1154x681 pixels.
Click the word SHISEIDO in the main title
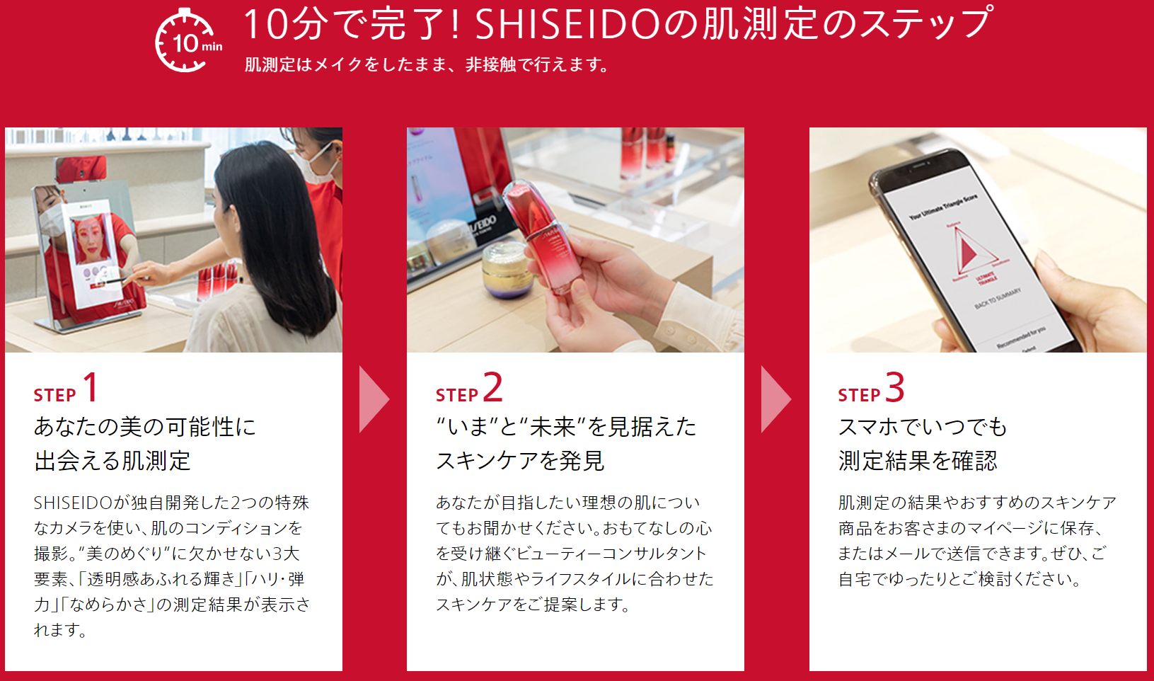coord(567,24)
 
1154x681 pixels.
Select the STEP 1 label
coord(65,388)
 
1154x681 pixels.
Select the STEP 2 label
coord(469,388)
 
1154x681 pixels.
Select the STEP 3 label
coord(871,388)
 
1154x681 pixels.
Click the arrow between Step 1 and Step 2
coord(374,399)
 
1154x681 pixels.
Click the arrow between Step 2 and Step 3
coord(776,399)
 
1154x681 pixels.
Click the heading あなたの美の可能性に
coord(145,427)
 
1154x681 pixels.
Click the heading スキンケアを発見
coord(520,460)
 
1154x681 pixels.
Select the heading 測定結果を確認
coord(918,460)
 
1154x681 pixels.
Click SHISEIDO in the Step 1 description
coord(73,503)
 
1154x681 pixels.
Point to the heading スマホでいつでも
coord(922,427)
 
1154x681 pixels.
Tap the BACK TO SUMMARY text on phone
coord(998,299)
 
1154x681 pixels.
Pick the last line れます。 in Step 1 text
coord(60,629)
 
